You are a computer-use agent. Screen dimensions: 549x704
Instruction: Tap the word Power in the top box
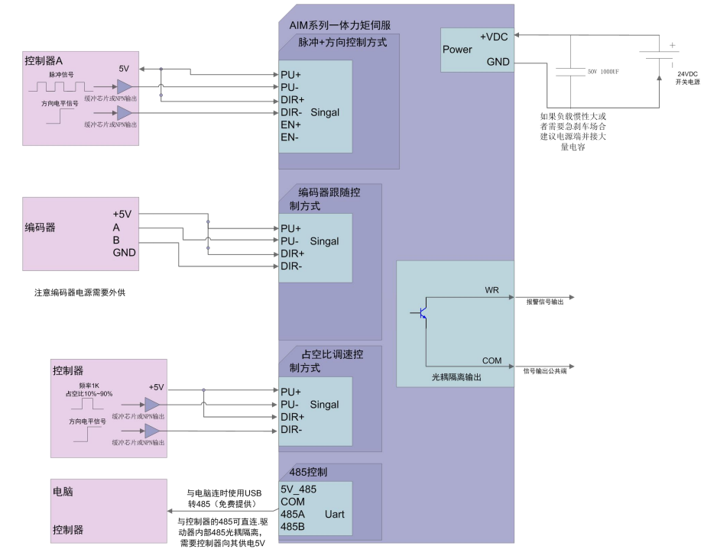457,50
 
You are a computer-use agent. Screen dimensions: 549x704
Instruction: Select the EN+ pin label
291,124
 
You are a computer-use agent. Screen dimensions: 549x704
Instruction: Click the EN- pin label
290,137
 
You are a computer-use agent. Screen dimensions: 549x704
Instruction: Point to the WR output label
492,291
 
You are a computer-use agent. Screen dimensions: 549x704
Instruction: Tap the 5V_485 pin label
299,489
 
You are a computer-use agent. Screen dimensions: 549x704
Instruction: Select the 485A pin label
293,514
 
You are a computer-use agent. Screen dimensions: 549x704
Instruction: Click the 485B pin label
293,526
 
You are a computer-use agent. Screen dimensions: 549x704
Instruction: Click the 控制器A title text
44,60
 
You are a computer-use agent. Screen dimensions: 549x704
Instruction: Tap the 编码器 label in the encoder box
40,228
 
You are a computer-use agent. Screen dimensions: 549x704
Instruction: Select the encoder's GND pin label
125,252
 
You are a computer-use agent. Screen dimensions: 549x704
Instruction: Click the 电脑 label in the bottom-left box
63,489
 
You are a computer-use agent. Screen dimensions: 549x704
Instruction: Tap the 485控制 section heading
309,472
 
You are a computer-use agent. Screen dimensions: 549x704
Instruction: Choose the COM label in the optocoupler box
492,360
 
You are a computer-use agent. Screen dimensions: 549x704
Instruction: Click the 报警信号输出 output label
545,302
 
